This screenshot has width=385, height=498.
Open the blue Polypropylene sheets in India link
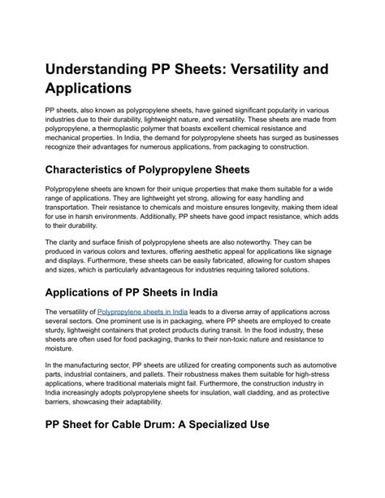point(142,311)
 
